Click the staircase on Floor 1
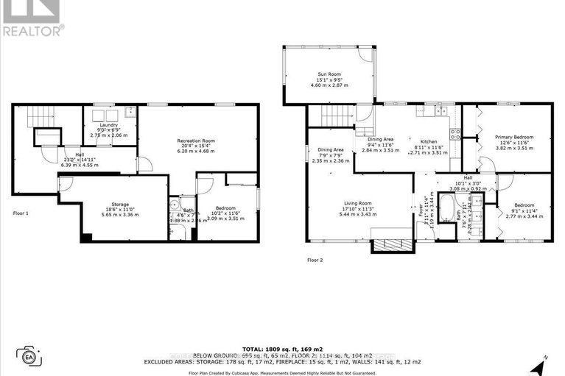pos(41,116)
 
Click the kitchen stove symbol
pos(455,134)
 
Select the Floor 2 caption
pos(316,260)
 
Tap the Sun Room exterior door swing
pos(364,56)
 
